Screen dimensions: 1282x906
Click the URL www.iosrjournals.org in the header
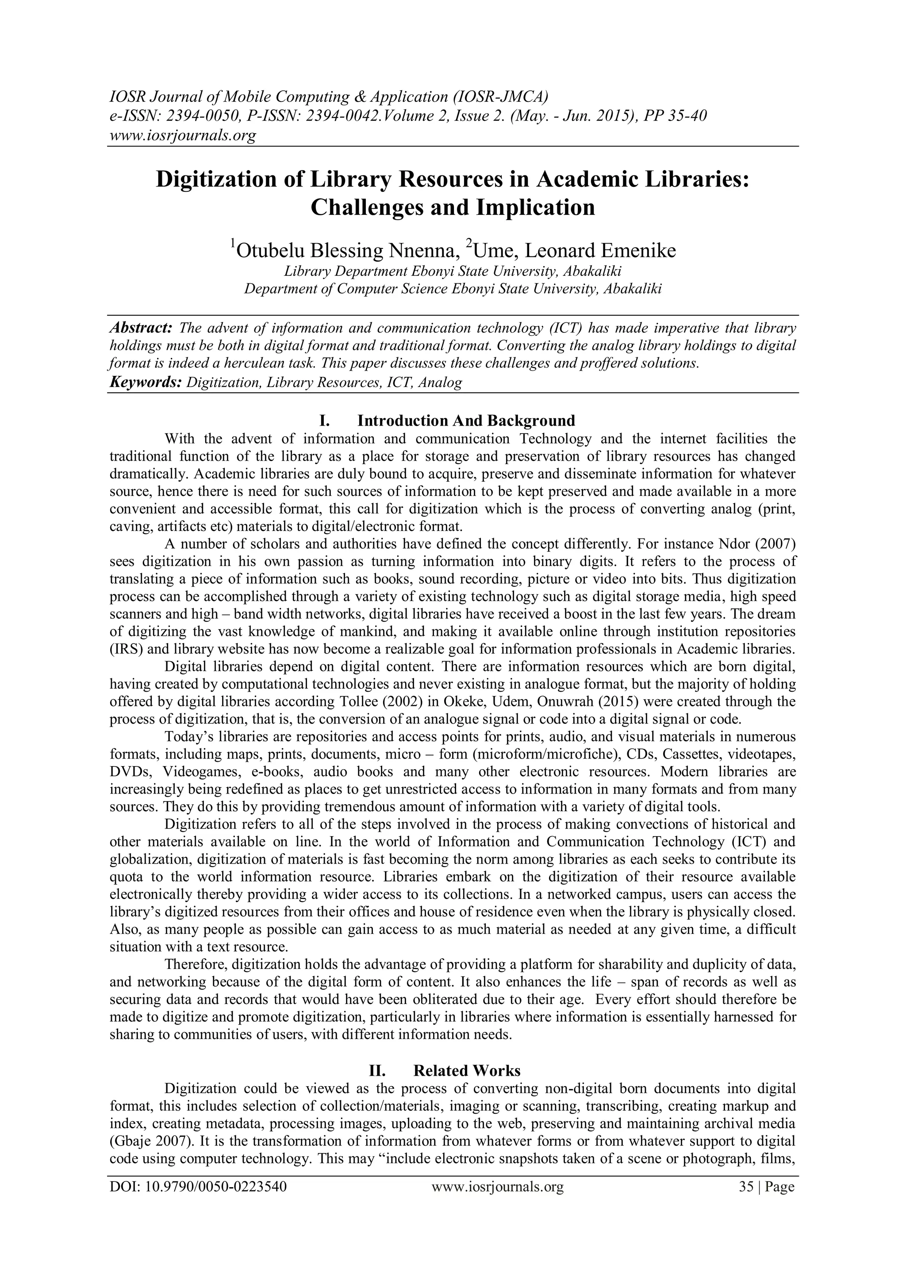[x=182, y=135]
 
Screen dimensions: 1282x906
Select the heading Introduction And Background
[x=466, y=420]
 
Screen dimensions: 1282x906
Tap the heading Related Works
[x=466, y=1071]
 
